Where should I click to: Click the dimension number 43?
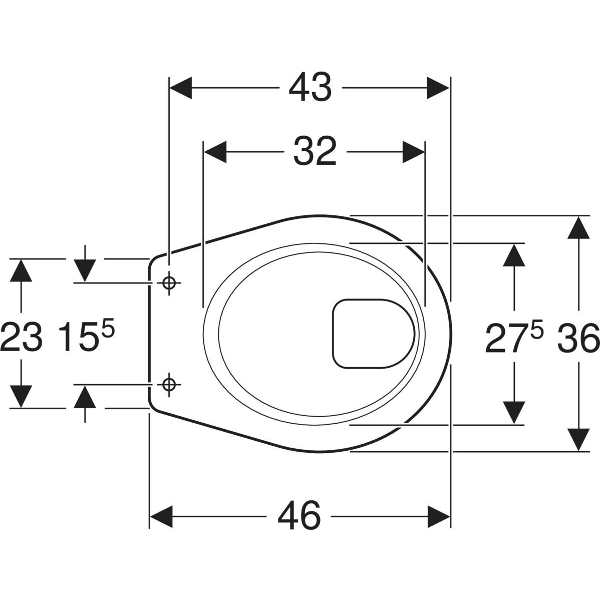pyautogui.click(x=310, y=87)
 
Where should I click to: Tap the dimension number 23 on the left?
pyautogui.click(x=21, y=337)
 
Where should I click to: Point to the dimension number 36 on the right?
pyautogui.click(x=579, y=338)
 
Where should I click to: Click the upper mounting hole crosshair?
pyautogui.click(x=169, y=283)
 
